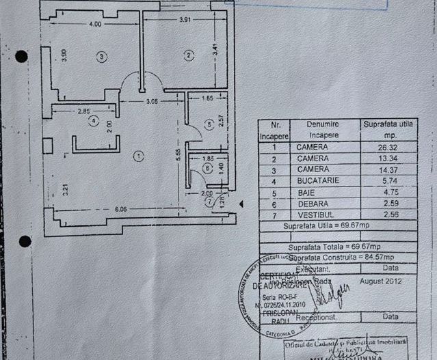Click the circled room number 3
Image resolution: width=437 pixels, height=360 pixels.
(102, 57)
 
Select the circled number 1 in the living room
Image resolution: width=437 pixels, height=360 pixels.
(139, 156)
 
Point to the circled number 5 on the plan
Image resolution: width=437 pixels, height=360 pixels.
(210, 124)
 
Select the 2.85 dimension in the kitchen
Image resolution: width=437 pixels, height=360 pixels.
(84, 110)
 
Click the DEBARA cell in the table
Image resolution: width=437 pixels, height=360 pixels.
(312, 204)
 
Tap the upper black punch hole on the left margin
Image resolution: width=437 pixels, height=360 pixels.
(21, 57)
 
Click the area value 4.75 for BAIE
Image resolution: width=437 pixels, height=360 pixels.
(388, 192)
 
